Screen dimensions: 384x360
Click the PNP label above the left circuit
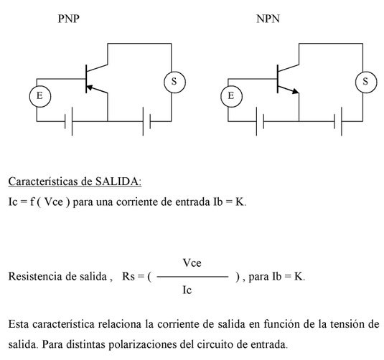tap(69, 19)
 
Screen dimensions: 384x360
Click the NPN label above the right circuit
tap(268, 19)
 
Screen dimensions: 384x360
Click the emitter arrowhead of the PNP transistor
tap(90, 87)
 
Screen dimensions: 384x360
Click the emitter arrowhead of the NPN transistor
tap(296, 91)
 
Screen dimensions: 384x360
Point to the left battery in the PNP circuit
tap(69, 121)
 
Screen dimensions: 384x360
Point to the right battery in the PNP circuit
tap(146, 121)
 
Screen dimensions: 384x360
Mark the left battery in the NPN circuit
tap(260, 121)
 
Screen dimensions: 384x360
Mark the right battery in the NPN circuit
tap(338, 121)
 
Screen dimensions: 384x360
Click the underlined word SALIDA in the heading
tap(118, 181)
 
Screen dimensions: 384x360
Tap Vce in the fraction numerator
tap(192, 263)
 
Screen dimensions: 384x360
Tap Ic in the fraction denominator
tap(187, 290)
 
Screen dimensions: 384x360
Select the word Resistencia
tap(35, 277)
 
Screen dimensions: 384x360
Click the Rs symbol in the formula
tap(128, 277)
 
